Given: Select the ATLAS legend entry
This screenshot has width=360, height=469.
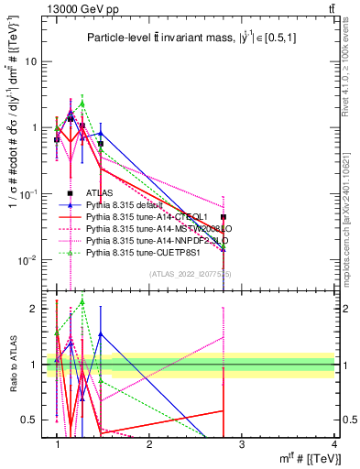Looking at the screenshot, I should click(100, 193).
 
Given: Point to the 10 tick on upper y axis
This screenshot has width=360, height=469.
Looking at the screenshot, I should click(30, 61).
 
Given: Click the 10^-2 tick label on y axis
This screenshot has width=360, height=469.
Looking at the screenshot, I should click(28, 260).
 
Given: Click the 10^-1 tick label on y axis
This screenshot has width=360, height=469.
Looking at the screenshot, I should click(28, 194).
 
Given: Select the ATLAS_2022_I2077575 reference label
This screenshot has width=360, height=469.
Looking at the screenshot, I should click(191, 274).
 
